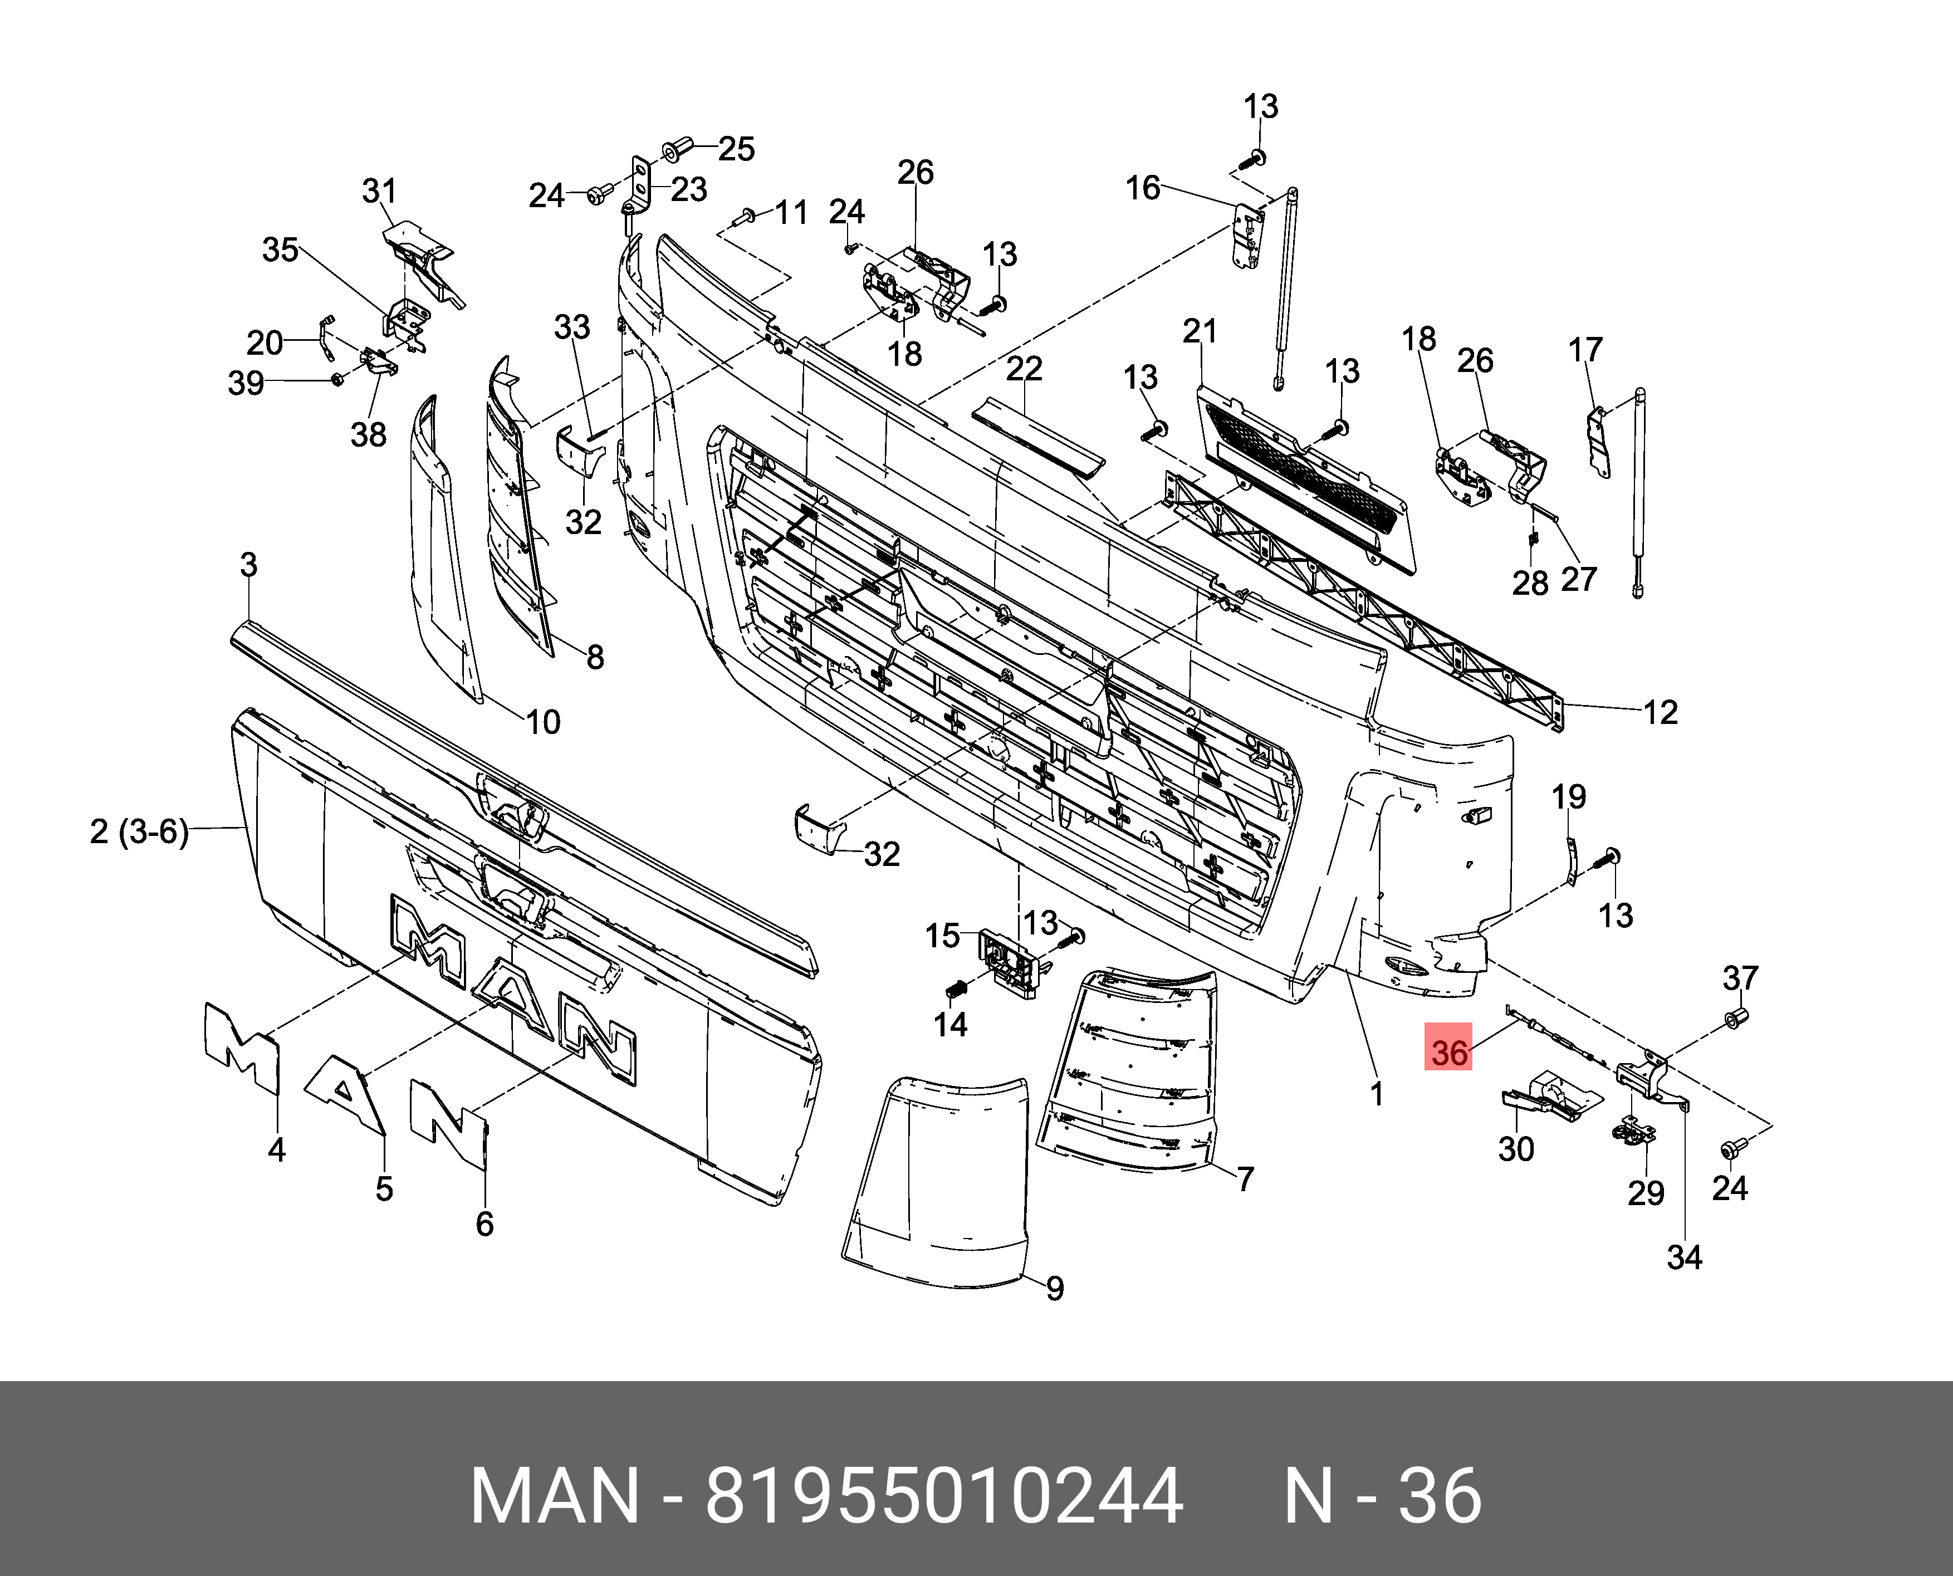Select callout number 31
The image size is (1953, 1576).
click(x=380, y=192)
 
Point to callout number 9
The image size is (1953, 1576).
click(x=1054, y=1288)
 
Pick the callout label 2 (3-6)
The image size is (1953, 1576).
click(x=139, y=831)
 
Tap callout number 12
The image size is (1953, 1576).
click(x=1661, y=713)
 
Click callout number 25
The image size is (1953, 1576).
click(x=736, y=149)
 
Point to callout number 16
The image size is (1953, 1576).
click(x=1143, y=188)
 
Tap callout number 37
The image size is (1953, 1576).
click(x=1740, y=978)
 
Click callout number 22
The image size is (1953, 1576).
click(x=1024, y=369)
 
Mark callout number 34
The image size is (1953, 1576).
click(x=1684, y=1257)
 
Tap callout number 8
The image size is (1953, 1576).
click(x=595, y=657)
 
